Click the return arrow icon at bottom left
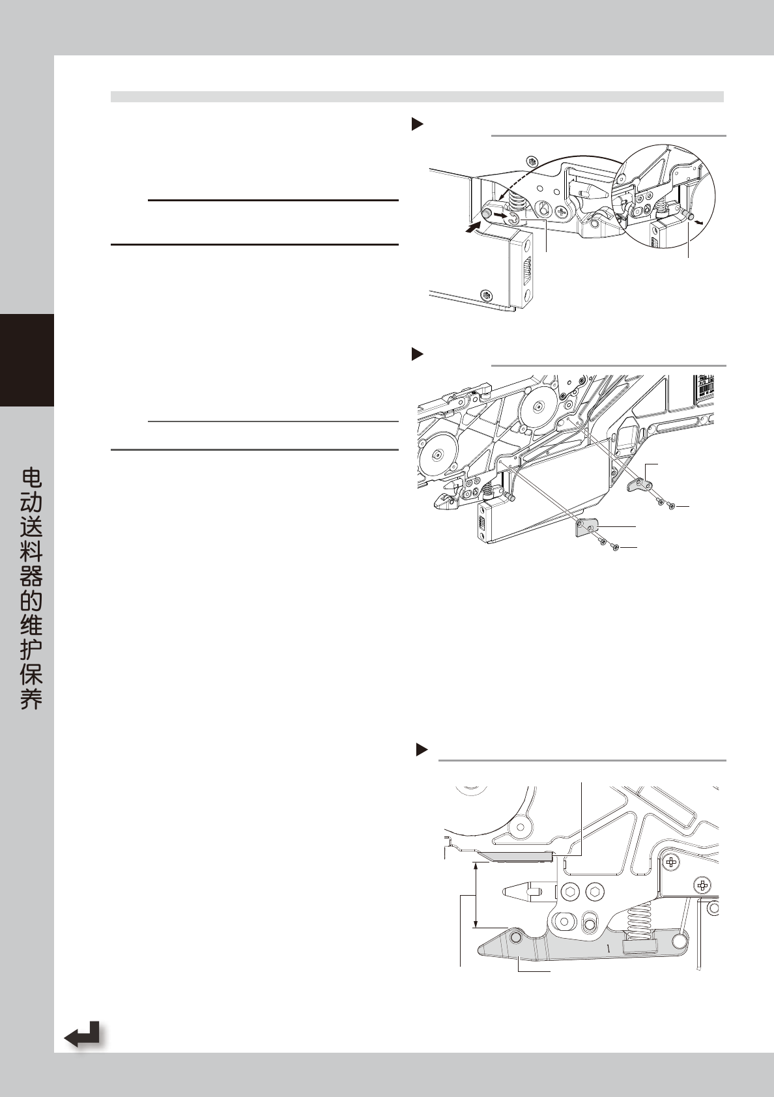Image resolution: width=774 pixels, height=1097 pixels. click(83, 1034)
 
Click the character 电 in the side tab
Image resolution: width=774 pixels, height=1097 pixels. click(31, 479)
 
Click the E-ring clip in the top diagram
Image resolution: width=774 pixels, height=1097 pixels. click(515, 219)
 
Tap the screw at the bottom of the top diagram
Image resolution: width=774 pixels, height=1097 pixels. click(485, 294)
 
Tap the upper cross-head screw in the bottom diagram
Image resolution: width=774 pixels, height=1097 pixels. click(671, 863)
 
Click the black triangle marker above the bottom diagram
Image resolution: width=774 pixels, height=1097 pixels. click(422, 749)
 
